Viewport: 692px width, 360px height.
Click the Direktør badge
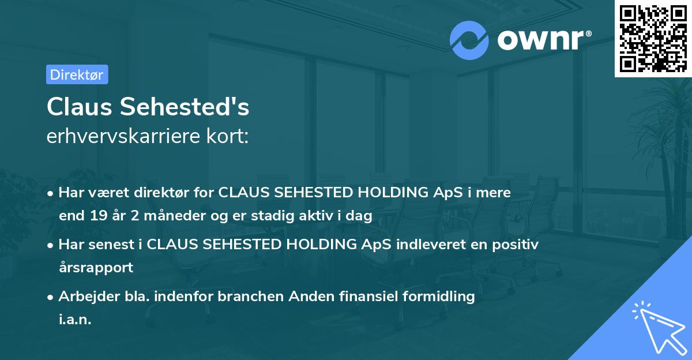coord(77,74)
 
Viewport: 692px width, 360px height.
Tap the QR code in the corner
coord(653,38)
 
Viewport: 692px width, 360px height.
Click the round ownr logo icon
coord(469,40)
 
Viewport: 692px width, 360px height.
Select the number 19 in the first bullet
coord(95,216)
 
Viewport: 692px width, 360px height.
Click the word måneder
coord(166,216)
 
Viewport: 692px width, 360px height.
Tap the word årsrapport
coord(96,268)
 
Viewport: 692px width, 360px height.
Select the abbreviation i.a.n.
coord(75,320)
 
